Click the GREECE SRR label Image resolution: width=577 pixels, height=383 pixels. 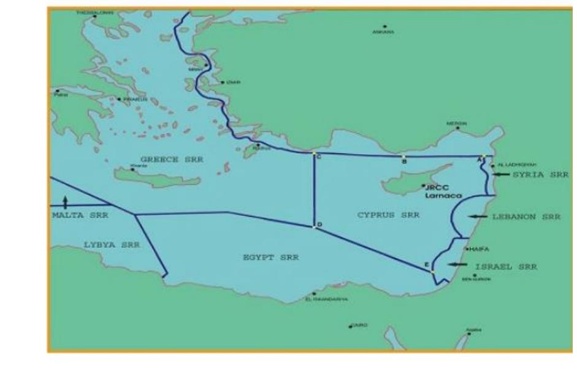pos(174,159)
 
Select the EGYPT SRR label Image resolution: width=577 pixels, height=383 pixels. pos(270,258)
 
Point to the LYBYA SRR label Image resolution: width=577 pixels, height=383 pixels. pos(112,245)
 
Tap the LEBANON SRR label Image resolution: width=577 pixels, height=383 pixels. pos(526,217)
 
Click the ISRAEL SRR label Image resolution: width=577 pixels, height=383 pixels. pos(506,267)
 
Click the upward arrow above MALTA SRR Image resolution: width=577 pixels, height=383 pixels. pos(65,201)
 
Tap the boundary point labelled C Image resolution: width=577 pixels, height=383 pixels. pos(313,152)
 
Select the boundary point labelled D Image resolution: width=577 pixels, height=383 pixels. pos(315,226)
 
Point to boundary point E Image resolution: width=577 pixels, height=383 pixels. pos(433,271)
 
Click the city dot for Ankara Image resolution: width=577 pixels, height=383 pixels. pos(385,26)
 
